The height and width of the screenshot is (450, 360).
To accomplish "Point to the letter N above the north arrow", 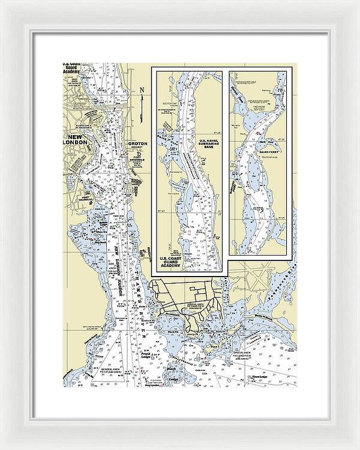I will pos(142,91).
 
